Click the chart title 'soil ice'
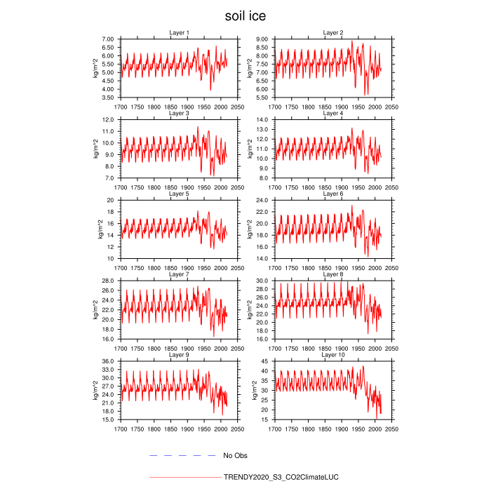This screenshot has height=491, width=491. (x=245, y=15)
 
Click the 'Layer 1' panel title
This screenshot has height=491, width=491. (x=179, y=33)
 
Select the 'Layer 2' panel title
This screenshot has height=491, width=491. (x=332, y=33)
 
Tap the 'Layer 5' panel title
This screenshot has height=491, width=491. (x=179, y=194)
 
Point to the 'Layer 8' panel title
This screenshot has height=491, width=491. (x=332, y=274)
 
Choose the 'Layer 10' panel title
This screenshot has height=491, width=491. (x=332, y=355)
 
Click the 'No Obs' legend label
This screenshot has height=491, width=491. (x=235, y=456)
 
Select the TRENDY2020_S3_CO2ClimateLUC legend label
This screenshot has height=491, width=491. (x=281, y=477)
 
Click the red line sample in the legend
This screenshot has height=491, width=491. (x=184, y=477)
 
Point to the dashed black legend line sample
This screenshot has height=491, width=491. (x=182, y=456)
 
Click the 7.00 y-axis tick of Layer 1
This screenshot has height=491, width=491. (x=107, y=39)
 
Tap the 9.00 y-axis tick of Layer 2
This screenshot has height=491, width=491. (x=261, y=39)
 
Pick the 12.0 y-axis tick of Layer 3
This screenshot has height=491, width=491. (x=108, y=120)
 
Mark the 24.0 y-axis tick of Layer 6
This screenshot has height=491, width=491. (x=261, y=201)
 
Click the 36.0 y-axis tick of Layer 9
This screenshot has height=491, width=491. (x=108, y=361)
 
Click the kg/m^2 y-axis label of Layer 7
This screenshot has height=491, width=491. (x=95, y=310)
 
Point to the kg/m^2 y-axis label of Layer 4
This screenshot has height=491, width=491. (x=248, y=149)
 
